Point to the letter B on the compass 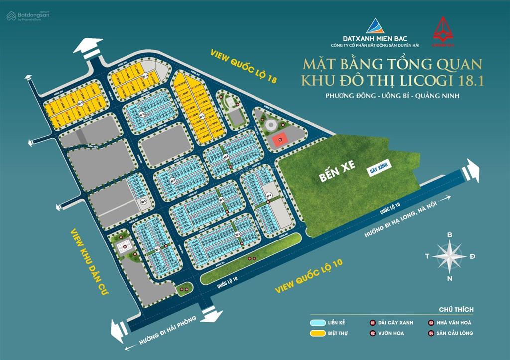pyautogui.click(x=449, y=234)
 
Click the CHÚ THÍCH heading pyautogui.click(x=456, y=309)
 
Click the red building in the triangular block pyautogui.click(x=280, y=140)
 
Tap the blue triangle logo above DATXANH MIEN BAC pyautogui.click(x=376, y=26)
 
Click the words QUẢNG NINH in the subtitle pyautogui.click(x=438, y=96)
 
